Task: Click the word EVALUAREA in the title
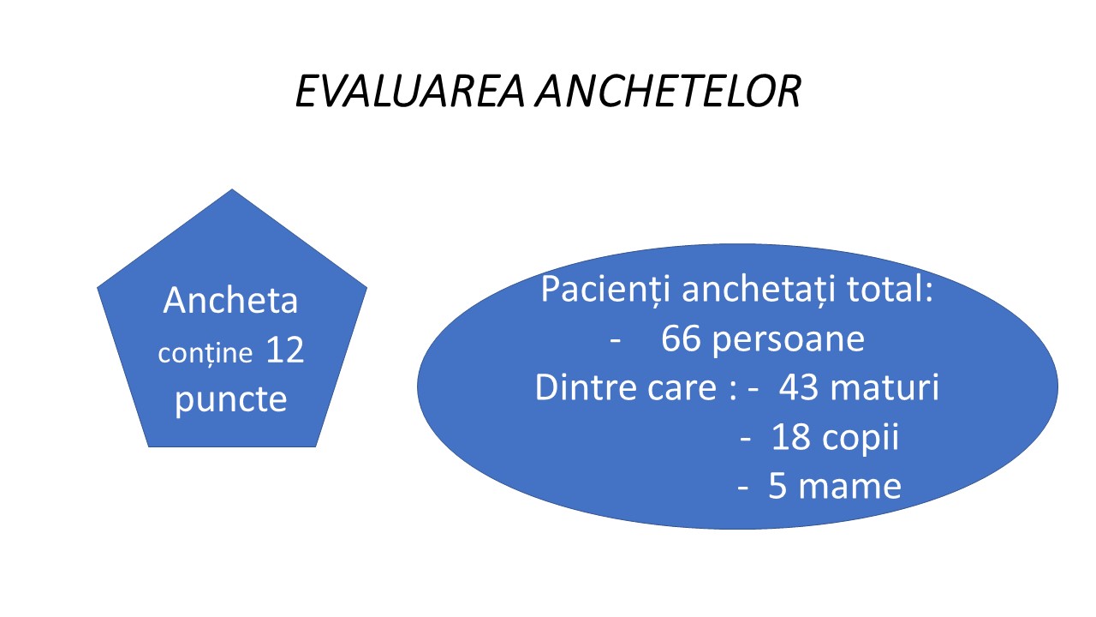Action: pyautogui.click(x=410, y=91)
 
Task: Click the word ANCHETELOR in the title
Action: pyautogui.click(x=668, y=91)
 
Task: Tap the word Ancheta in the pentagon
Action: pyautogui.click(x=230, y=300)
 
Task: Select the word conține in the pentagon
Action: pyautogui.click(x=205, y=353)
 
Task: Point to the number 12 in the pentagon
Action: pyautogui.click(x=285, y=350)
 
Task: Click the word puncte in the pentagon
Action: pyautogui.click(x=230, y=400)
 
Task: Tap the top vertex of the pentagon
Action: pyautogui.click(x=232, y=189)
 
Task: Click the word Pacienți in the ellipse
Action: pyautogui.click(x=605, y=290)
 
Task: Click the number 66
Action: pyautogui.click(x=681, y=338)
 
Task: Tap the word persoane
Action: pyautogui.click(x=789, y=341)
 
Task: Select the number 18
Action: pyautogui.click(x=790, y=437)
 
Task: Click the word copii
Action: pyautogui.click(x=861, y=439)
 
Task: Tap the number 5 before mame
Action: pyautogui.click(x=777, y=486)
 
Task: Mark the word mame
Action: pyautogui.click(x=850, y=488)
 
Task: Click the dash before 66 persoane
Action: pyautogui.click(x=616, y=341)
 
